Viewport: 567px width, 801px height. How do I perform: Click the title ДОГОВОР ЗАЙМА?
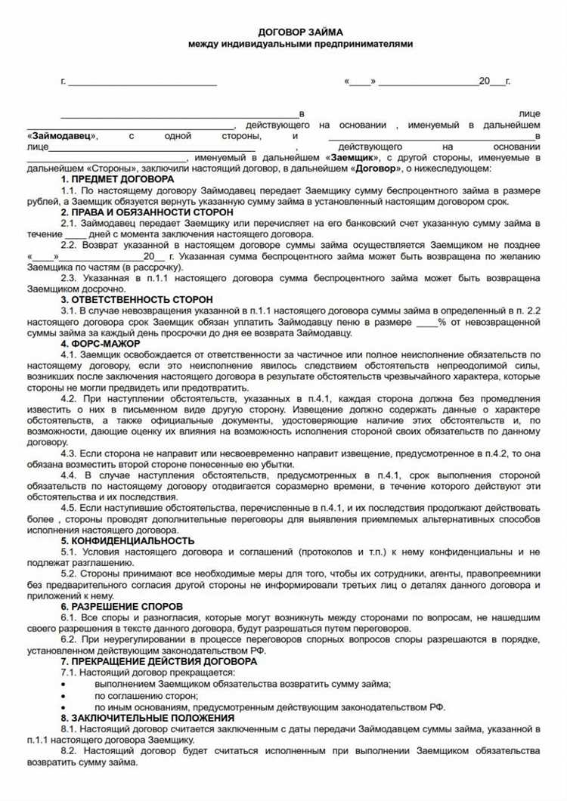[300, 32]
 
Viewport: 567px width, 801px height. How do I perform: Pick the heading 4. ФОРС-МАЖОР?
[101, 344]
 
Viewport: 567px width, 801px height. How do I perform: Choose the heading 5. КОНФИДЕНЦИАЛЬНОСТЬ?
[127, 540]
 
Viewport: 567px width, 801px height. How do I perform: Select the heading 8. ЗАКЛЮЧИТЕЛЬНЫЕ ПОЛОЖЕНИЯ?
[147, 716]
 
